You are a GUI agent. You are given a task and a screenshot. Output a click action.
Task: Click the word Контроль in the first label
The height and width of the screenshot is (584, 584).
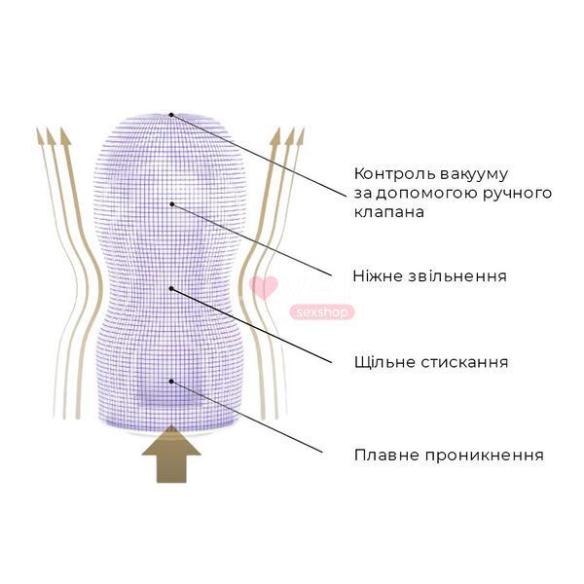point(393,174)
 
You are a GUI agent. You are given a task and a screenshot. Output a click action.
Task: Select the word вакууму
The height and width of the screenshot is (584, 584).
point(473,174)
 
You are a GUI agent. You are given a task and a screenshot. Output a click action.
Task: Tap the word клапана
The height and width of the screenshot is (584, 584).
point(388,212)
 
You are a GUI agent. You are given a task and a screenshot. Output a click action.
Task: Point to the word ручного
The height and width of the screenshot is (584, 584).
point(518,194)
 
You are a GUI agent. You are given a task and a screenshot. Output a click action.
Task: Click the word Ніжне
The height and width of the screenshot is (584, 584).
point(378,276)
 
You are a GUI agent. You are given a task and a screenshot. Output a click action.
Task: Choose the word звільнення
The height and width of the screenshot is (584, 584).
point(457,276)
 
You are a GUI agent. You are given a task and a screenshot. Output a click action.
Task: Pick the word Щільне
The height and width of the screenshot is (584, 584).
point(384,362)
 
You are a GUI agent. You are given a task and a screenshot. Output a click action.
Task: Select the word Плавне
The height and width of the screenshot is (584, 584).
point(386,455)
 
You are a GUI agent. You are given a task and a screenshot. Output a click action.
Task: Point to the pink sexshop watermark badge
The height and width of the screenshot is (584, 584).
point(322,312)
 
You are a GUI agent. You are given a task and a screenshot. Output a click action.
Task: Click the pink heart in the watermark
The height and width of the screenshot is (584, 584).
point(264,287)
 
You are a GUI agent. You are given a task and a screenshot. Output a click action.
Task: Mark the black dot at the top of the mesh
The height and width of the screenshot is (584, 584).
point(171,115)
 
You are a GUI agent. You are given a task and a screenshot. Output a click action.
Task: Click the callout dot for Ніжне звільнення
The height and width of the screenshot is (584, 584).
point(172,204)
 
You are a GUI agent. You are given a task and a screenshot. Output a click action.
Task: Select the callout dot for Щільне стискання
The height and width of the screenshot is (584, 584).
point(171,288)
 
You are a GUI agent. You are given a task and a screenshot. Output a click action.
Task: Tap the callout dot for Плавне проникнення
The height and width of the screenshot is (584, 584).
point(171,382)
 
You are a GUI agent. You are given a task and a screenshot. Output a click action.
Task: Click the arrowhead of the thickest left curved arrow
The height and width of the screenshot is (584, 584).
point(65,136)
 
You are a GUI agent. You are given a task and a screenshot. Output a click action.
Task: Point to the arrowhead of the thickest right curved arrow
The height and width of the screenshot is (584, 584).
point(275,136)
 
